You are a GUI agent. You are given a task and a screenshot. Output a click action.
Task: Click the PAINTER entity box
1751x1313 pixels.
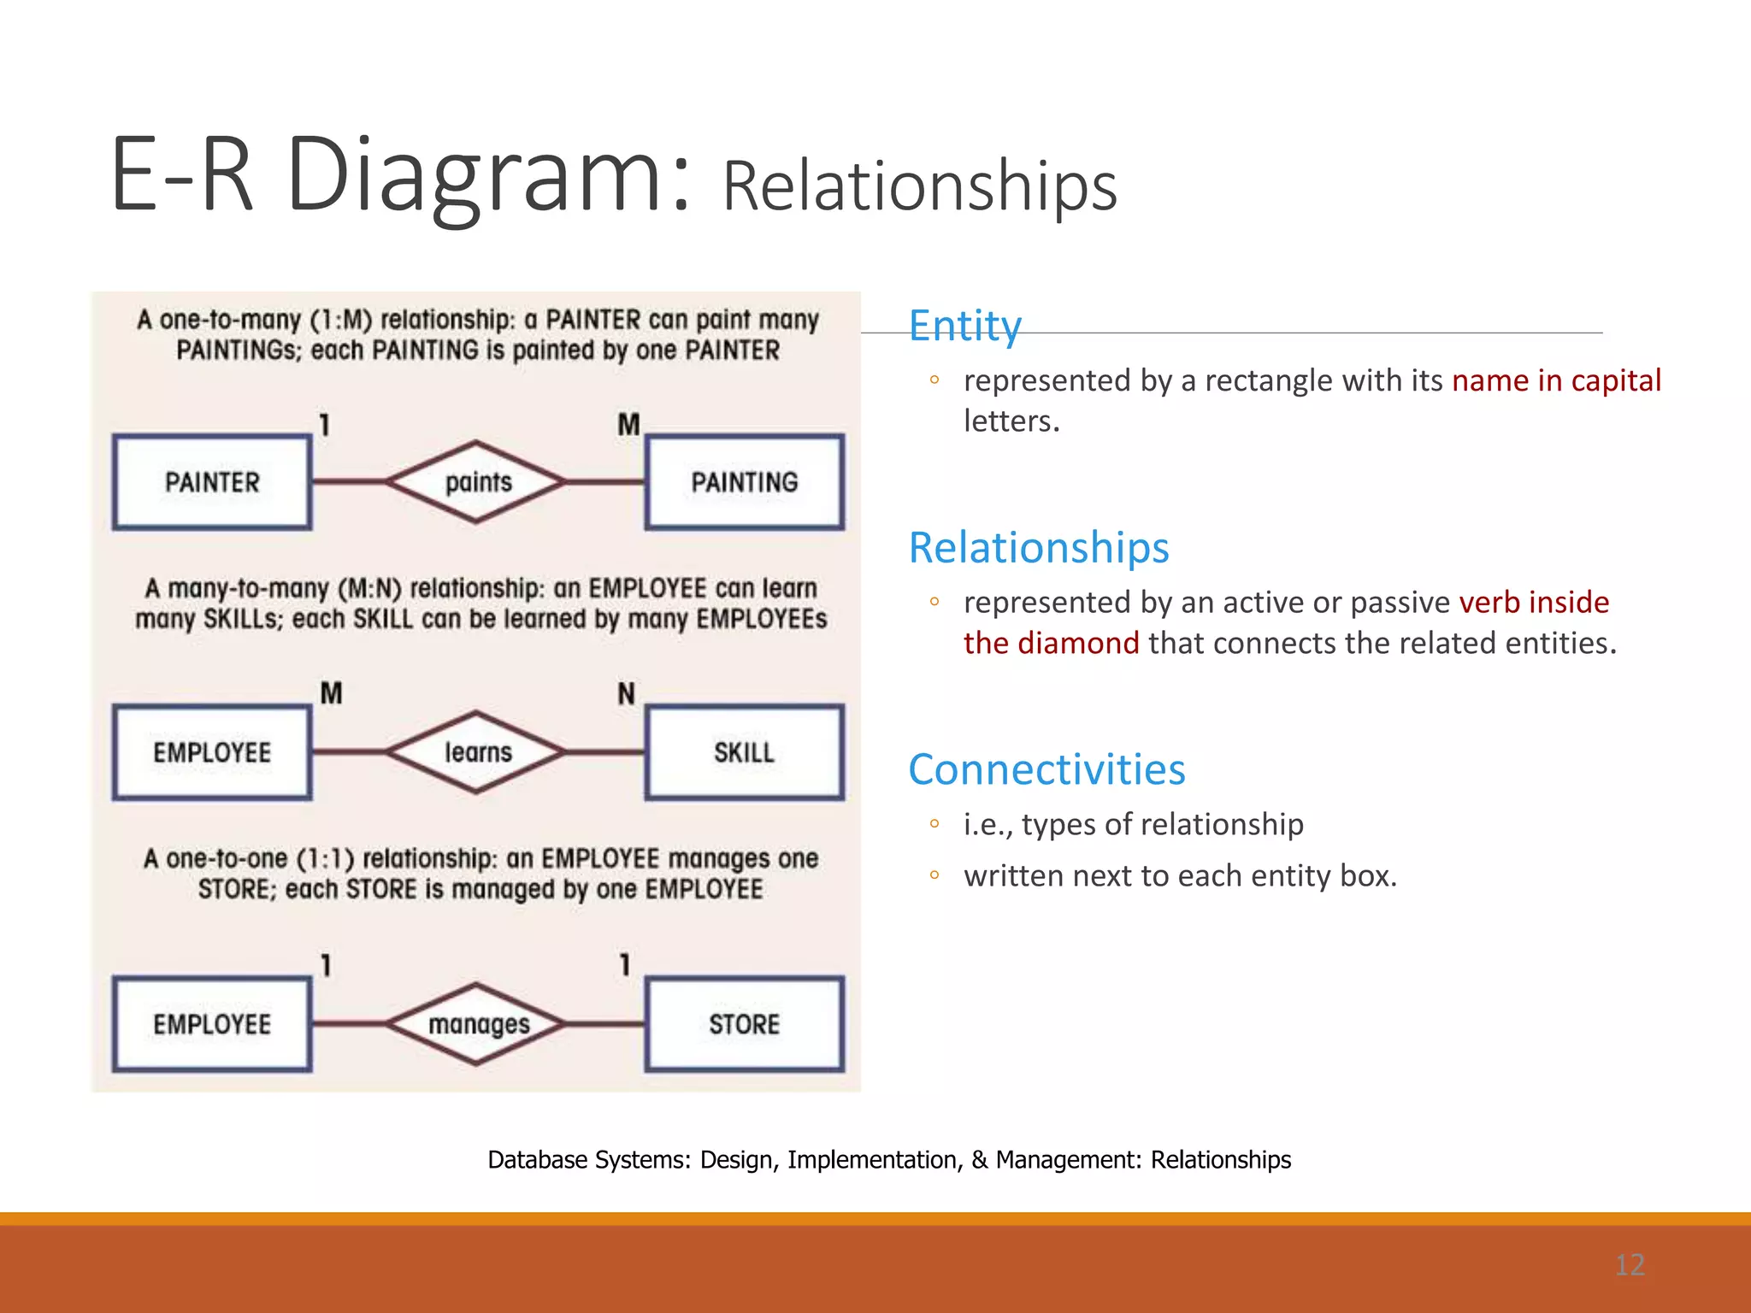(211, 482)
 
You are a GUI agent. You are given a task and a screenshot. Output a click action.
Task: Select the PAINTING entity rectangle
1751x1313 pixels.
(744, 482)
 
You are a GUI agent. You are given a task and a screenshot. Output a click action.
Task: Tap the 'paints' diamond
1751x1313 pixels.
(477, 482)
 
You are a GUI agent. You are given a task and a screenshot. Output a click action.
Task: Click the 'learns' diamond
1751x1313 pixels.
(477, 752)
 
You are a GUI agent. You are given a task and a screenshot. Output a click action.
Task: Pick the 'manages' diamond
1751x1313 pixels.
(477, 1023)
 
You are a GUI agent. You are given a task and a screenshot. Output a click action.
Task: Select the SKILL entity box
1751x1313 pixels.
(744, 752)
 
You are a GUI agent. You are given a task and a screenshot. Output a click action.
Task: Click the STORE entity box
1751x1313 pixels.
(744, 1023)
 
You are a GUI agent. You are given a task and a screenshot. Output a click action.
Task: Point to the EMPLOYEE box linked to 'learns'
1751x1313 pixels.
(211, 752)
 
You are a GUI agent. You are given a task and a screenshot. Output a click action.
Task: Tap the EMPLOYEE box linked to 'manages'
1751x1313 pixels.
(211, 1023)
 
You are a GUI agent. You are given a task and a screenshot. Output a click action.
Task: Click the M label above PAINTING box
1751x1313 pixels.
(628, 424)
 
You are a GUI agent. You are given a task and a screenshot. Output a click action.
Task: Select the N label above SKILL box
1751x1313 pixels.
(627, 693)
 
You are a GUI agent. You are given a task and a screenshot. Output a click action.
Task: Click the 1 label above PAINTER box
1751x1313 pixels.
(325, 425)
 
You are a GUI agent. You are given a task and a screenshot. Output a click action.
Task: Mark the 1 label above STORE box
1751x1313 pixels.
(625, 965)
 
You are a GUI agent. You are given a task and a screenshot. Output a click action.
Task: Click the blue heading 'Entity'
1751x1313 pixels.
(964, 326)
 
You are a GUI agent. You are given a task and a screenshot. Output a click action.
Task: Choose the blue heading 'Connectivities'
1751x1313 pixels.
(1046, 769)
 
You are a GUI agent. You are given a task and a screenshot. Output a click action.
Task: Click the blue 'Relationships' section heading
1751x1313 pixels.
(1038, 547)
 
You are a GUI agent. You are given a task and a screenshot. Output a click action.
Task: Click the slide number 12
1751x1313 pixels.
(1630, 1264)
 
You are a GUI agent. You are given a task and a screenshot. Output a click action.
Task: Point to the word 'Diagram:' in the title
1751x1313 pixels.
(487, 175)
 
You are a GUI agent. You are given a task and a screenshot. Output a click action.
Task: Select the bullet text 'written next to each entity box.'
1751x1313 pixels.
(1180, 875)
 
